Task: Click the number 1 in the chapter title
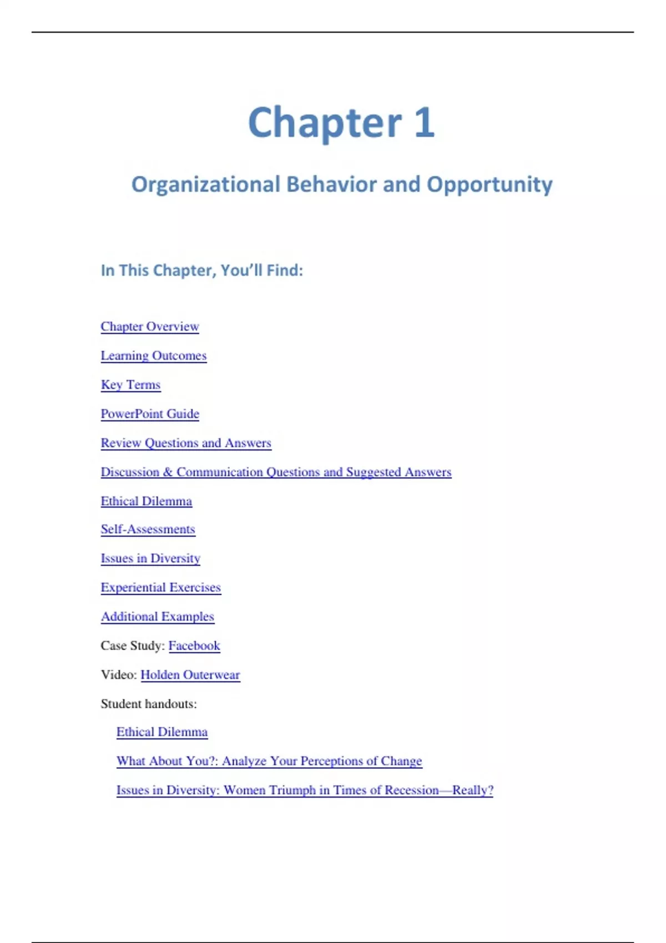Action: [424, 123]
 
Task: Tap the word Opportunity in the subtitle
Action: [490, 185]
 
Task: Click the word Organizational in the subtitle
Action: [205, 185]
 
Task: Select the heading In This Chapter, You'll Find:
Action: [201, 271]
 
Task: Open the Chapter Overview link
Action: [150, 327]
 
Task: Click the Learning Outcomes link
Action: [154, 356]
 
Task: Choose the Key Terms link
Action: [130, 385]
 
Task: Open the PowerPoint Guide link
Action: [150, 414]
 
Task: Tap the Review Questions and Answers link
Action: [186, 443]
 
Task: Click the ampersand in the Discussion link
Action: [168, 472]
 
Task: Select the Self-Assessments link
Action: [148, 529]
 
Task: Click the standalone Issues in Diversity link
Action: [150, 559]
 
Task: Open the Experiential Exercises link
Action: [161, 587]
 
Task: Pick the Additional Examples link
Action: [158, 617]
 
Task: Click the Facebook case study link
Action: [194, 646]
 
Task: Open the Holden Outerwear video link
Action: [190, 675]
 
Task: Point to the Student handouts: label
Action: [149, 704]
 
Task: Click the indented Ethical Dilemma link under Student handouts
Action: [162, 732]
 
